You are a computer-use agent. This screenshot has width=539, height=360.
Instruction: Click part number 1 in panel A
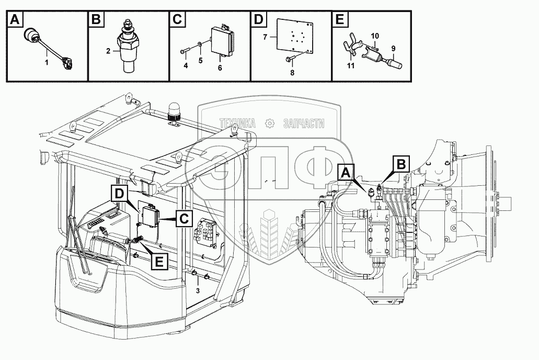pyautogui.click(x=46, y=63)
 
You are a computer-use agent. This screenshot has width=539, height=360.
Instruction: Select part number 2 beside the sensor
pyautogui.click(x=108, y=51)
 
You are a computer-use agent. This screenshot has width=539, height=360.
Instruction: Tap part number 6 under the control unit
pyautogui.click(x=220, y=68)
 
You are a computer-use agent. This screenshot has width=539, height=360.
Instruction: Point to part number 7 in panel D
pyautogui.click(x=265, y=37)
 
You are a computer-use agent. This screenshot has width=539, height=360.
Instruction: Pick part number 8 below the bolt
pyautogui.click(x=292, y=73)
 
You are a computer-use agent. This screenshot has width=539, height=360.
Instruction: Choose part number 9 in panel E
pyautogui.click(x=393, y=49)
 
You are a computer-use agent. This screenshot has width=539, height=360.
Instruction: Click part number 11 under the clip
pyautogui.click(x=350, y=65)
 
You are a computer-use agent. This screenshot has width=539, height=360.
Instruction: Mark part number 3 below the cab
pyautogui.click(x=198, y=290)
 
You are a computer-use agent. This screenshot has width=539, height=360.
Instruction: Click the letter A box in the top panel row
pyautogui.click(x=15, y=19)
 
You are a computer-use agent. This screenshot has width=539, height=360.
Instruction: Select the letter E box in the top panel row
pyautogui.click(x=339, y=19)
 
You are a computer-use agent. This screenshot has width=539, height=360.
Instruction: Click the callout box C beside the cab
pyautogui.click(x=184, y=218)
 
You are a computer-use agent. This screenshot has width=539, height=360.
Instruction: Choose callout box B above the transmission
pyautogui.click(x=401, y=164)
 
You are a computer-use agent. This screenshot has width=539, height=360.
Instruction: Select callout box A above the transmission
pyautogui.click(x=346, y=172)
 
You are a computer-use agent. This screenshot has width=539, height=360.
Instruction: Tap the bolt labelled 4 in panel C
pyautogui.click(x=184, y=52)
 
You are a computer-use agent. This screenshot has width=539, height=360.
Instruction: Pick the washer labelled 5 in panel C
pyautogui.click(x=200, y=45)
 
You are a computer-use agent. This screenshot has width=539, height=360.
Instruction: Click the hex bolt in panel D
pyautogui.click(x=289, y=60)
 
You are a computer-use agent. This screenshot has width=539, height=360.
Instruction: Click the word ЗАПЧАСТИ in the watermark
pyautogui.click(x=304, y=123)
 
